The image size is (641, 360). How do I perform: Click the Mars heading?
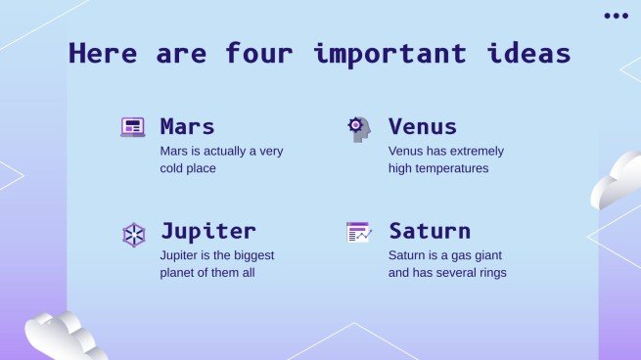(x=187, y=126)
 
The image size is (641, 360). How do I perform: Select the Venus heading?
(x=423, y=126)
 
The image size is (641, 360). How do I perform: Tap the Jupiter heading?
(x=208, y=232)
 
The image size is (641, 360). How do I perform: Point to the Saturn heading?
(x=430, y=231)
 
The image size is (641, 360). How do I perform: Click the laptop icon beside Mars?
(x=133, y=127)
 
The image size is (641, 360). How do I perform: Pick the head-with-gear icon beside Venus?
(x=359, y=129)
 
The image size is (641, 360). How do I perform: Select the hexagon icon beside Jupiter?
(x=134, y=235)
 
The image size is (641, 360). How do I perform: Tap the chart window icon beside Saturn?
(x=359, y=232)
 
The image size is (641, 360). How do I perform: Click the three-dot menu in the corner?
(x=617, y=16)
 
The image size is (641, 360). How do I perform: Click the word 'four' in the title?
(x=259, y=53)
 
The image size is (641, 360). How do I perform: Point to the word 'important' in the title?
(x=390, y=55)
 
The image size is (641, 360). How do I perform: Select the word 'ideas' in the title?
(x=528, y=53)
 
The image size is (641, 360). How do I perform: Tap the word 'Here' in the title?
(x=103, y=53)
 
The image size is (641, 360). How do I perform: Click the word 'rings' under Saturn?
(x=492, y=273)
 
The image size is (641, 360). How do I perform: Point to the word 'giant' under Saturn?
(x=488, y=255)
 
